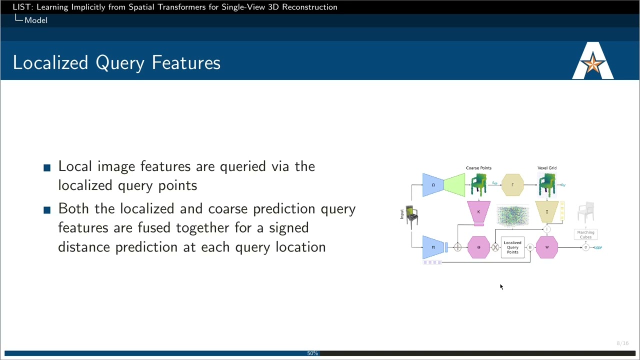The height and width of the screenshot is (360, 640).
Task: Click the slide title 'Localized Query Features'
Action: pos(116,62)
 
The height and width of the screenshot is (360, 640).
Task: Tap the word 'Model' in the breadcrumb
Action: pos(36,20)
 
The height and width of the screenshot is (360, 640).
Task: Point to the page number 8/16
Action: pos(622,343)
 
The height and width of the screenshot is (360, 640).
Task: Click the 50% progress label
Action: pos(312,353)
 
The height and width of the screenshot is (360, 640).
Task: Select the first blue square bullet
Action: pos(47,167)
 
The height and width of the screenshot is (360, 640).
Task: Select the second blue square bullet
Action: pos(47,210)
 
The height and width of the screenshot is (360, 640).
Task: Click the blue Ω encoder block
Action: pos(433,185)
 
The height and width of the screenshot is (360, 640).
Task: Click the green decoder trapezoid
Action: pos(454,185)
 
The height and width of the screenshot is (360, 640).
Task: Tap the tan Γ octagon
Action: pos(512,185)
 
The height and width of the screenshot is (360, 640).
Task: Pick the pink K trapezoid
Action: pos(478,211)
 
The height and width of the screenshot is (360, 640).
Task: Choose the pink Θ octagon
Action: pos(478,247)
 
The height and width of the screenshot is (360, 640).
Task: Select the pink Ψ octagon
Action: pos(546,247)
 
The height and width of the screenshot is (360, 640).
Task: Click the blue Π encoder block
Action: pos(433,247)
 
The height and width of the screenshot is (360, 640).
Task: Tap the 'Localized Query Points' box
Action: pos(512,247)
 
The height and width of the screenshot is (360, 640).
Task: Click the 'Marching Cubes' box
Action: pos(585,234)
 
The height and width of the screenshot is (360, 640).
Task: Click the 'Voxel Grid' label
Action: pos(546,168)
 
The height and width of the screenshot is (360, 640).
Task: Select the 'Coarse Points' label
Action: pos(478,168)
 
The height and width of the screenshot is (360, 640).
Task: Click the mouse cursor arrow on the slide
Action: pos(501,286)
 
